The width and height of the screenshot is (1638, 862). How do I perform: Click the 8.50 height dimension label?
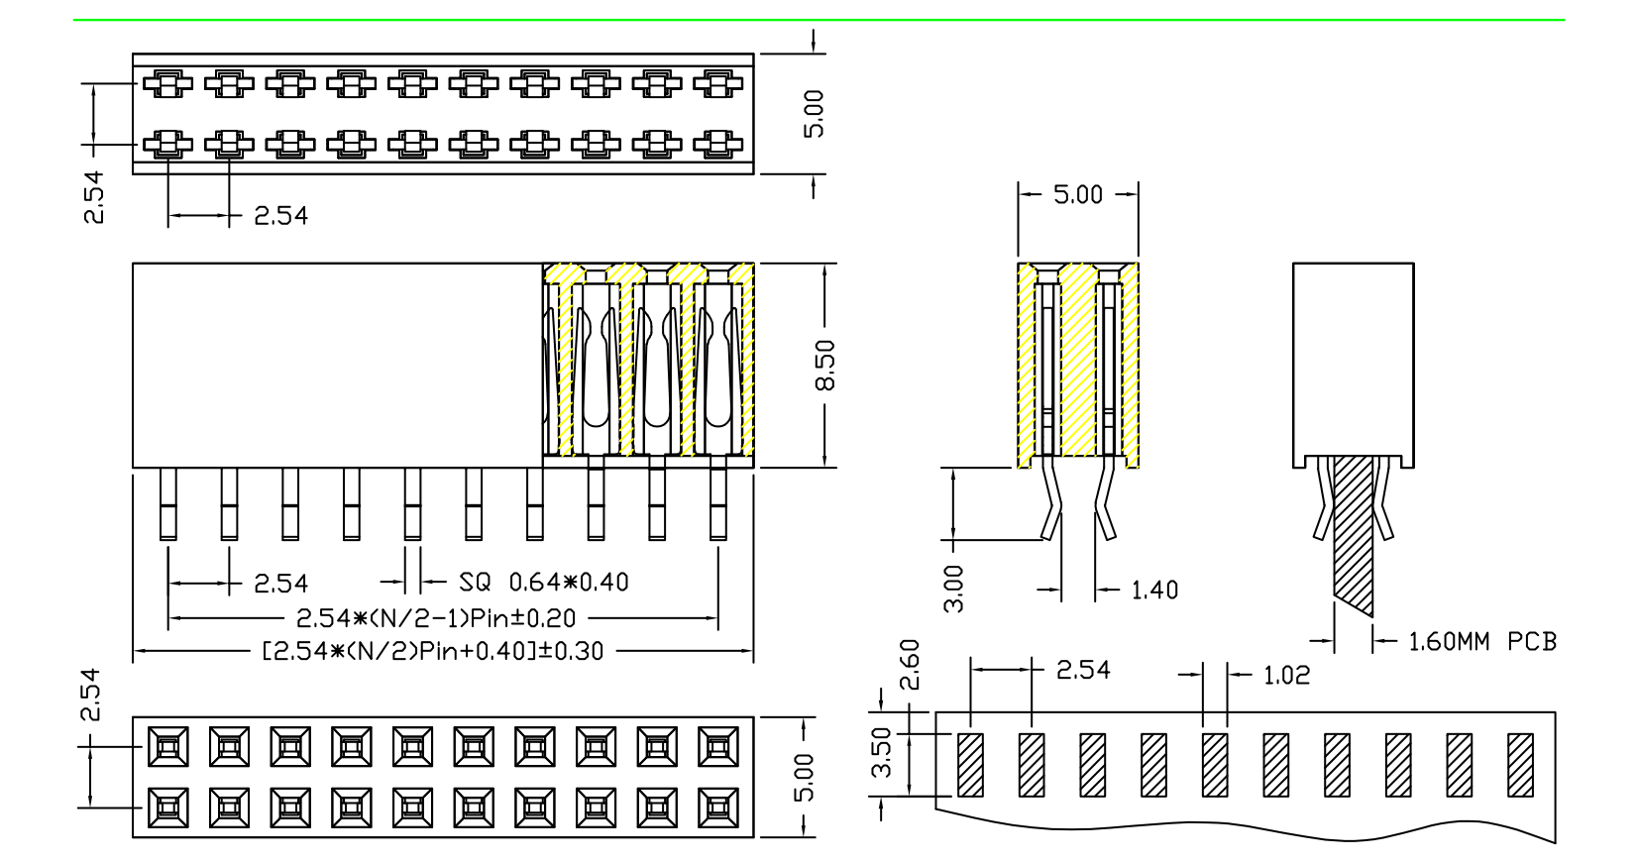(825, 365)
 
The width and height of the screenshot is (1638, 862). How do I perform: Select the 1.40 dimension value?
(1154, 591)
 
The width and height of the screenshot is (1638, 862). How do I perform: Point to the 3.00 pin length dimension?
(953, 589)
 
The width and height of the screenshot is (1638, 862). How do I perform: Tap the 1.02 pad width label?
(1286, 676)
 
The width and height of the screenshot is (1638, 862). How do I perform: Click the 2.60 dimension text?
(909, 664)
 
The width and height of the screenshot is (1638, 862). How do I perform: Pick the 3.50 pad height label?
(881, 753)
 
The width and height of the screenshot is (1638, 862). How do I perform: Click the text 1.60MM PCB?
(1482, 642)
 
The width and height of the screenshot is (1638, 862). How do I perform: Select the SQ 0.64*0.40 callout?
(544, 583)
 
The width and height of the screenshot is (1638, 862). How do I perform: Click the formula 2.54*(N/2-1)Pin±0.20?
(436, 619)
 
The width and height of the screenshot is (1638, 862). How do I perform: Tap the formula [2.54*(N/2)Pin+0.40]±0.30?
(432, 651)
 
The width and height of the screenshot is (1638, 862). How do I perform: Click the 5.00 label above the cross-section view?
(1078, 194)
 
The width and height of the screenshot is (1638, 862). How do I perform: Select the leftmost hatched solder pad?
(971, 764)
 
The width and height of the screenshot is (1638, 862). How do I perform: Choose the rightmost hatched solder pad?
(1520, 764)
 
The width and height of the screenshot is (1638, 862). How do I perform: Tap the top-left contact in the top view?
(167, 83)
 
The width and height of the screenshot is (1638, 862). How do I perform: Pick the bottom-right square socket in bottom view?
(718, 808)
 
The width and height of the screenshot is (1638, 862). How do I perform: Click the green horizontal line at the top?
(819, 20)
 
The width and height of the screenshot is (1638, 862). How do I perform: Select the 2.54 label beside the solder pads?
(1083, 671)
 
